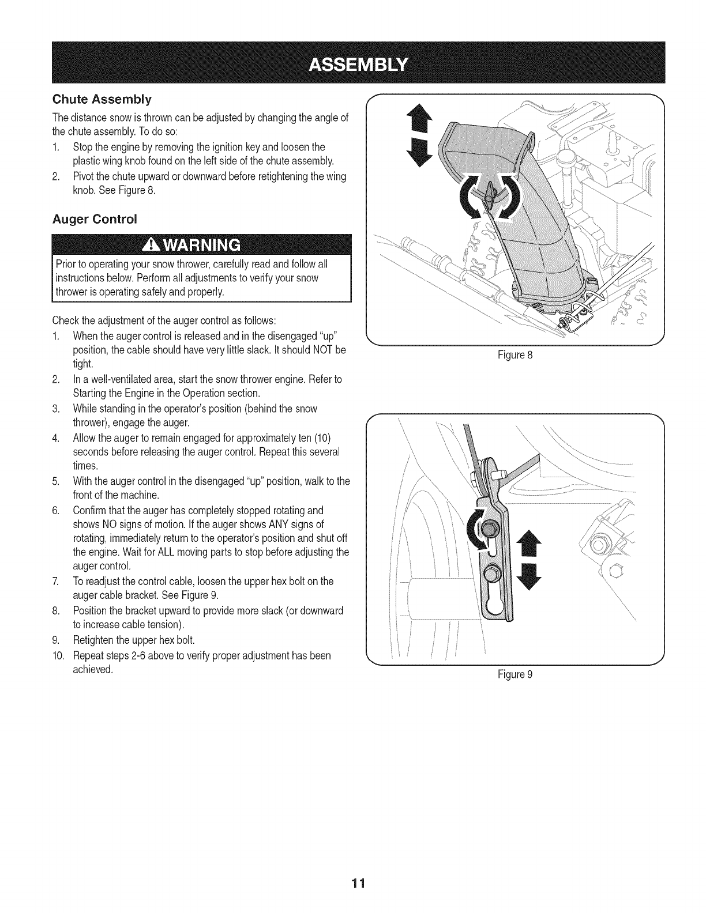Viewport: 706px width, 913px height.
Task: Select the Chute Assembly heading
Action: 102,100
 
